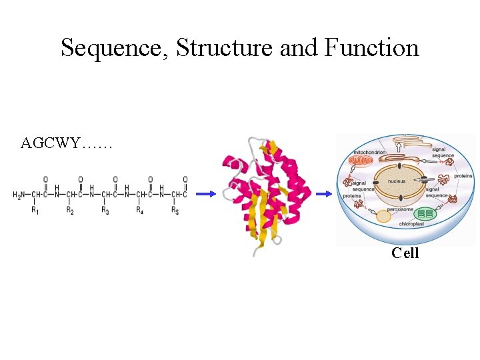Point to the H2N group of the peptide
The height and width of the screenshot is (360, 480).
point(20,195)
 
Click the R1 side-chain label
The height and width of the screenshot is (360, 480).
point(35,211)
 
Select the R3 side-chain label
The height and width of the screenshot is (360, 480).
point(105,211)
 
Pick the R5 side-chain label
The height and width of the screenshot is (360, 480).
point(175,211)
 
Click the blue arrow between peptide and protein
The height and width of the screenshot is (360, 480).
point(206,194)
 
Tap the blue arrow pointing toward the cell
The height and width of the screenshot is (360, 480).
point(324,194)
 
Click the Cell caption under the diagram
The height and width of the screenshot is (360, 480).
point(405,253)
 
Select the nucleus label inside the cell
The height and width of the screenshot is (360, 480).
point(397,181)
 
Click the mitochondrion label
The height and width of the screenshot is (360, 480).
point(369,152)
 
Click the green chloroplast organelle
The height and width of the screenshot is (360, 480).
point(425,215)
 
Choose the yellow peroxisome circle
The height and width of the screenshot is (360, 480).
point(383,216)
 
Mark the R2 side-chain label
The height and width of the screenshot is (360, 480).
point(70,211)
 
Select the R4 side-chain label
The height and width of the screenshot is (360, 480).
point(140,211)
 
